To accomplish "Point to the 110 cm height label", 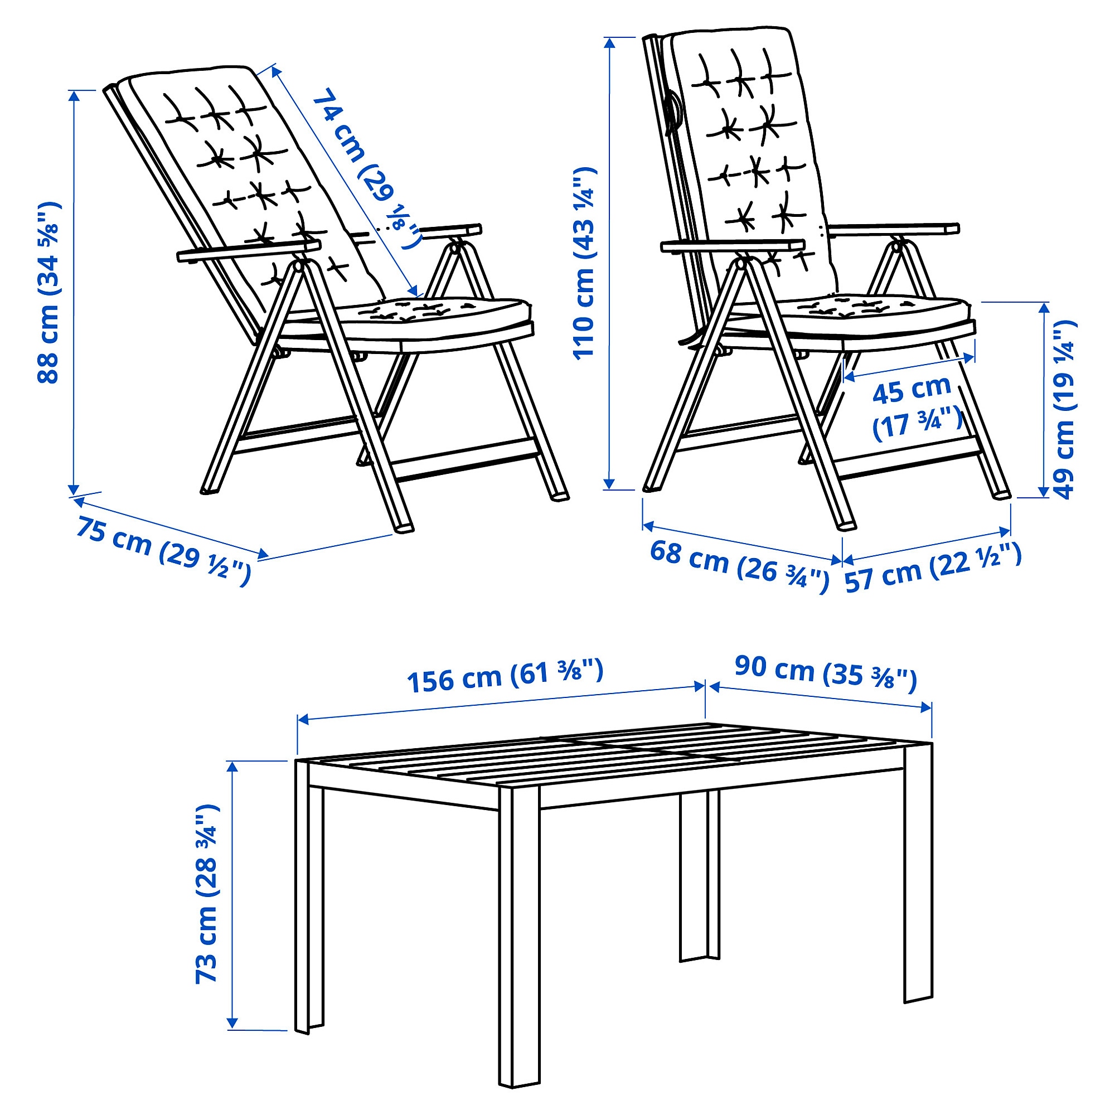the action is (584, 263).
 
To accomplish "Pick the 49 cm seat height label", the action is (1064, 409).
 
